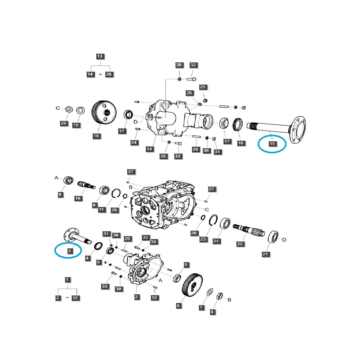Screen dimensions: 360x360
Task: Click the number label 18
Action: click(96, 136)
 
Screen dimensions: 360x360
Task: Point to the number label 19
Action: click(76, 125)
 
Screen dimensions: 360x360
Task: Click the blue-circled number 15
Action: click(272, 144)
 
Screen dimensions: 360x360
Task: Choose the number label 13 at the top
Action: click(100, 56)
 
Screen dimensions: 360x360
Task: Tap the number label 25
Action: click(203, 87)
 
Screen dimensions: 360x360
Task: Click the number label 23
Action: click(203, 239)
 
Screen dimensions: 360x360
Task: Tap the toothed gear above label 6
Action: click(192, 284)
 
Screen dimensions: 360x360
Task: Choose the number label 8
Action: click(212, 312)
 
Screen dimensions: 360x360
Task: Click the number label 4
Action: click(88, 258)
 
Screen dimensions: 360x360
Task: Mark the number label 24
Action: click(134, 142)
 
